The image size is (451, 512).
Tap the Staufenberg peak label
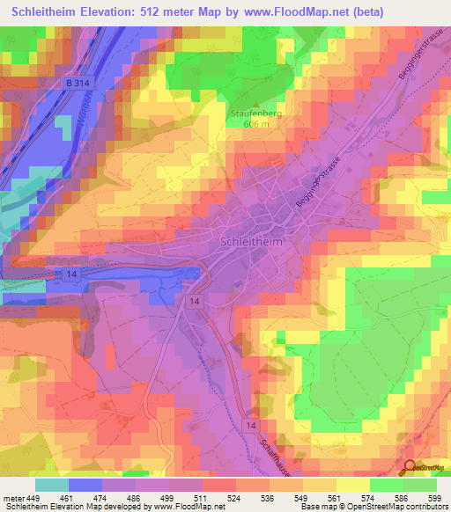(254, 113)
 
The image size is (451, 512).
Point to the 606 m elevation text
(254, 124)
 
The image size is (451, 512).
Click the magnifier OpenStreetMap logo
(408, 467)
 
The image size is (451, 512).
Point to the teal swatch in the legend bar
(52, 485)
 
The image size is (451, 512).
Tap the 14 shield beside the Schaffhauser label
(252, 426)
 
